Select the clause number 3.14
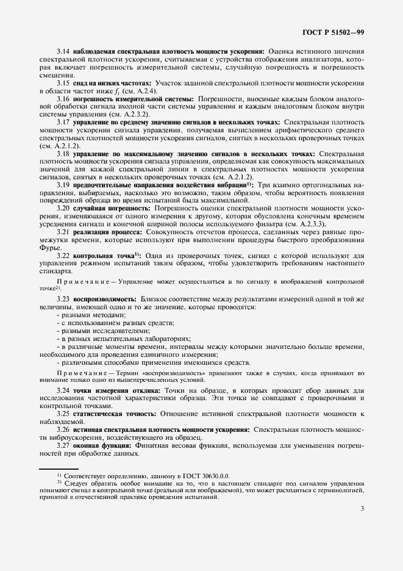63,51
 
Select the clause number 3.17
63,122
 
